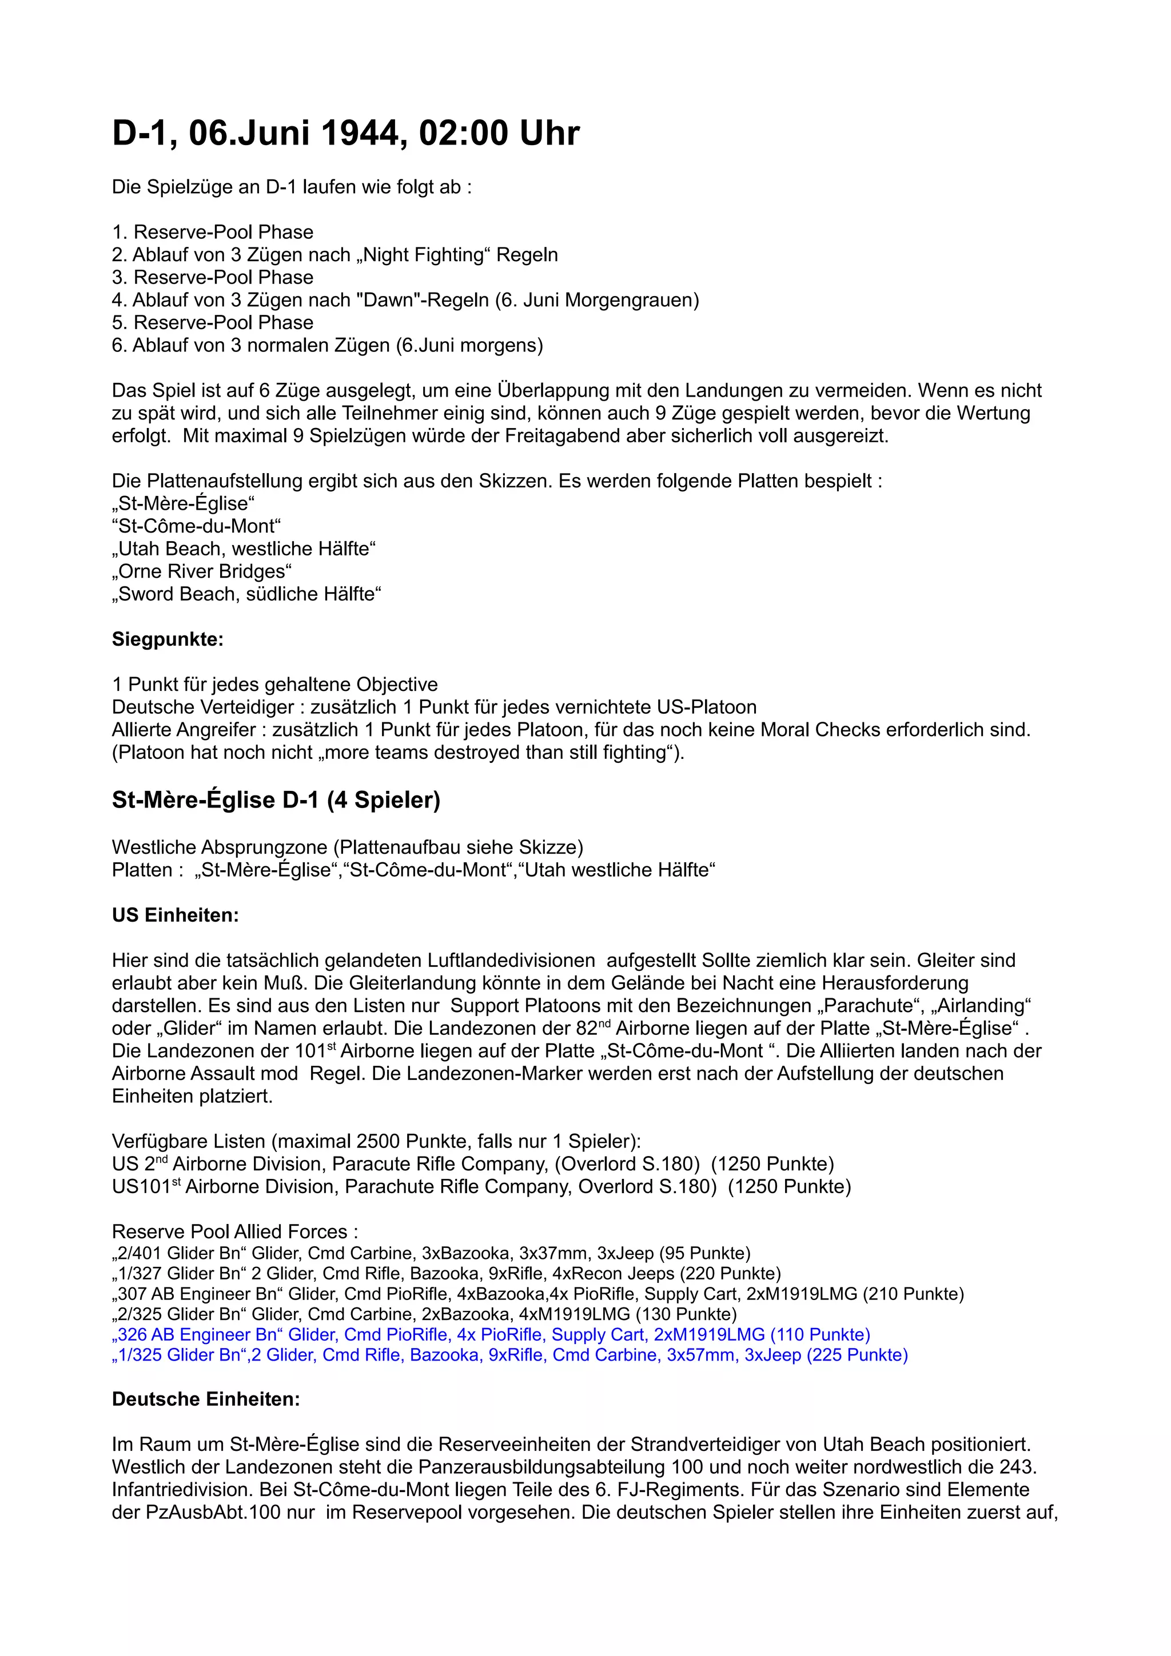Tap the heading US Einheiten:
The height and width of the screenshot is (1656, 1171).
(176, 915)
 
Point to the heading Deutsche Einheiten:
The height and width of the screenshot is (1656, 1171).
(206, 1399)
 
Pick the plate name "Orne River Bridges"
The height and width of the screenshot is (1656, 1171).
(202, 571)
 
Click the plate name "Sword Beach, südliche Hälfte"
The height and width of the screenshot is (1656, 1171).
(247, 594)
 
